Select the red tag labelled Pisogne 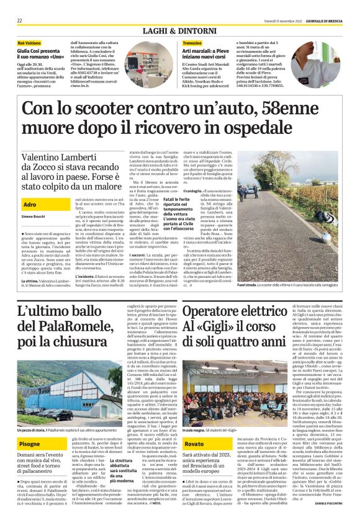30,427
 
